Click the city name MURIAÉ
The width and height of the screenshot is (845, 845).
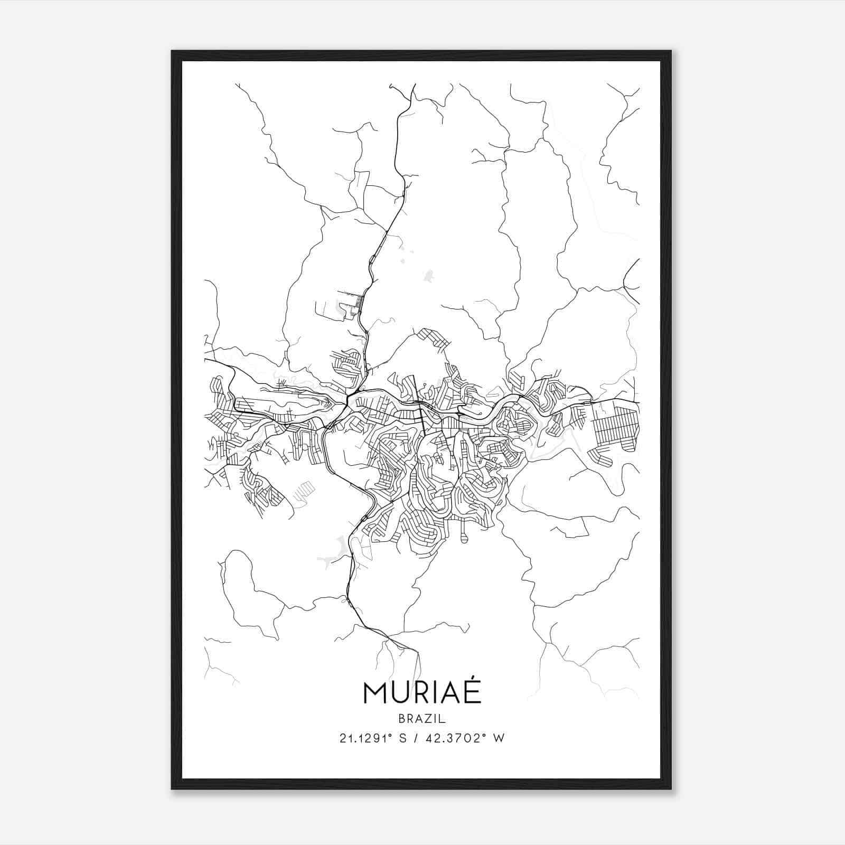click(422, 692)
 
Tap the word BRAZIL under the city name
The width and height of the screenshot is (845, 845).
click(422, 719)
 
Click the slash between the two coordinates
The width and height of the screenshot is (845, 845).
click(420, 738)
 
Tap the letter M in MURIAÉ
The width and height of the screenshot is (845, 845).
click(375, 693)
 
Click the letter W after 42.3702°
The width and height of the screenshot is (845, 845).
click(499, 738)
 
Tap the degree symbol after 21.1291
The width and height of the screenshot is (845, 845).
click(392, 735)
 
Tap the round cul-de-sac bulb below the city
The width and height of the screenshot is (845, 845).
click(464, 539)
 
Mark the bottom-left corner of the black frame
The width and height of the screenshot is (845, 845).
click(172, 788)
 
